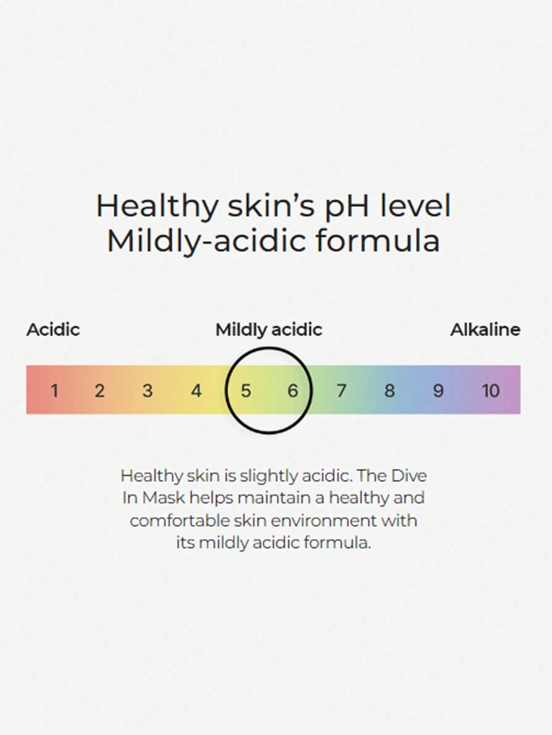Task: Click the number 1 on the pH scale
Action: pyautogui.click(x=54, y=390)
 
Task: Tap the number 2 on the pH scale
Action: pyautogui.click(x=99, y=390)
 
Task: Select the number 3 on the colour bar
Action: pyautogui.click(x=147, y=390)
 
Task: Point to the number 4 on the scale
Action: pyautogui.click(x=196, y=390)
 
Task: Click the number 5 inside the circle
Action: pyautogui.click(x=246, y=390)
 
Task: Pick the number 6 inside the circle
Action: pyautogui.click(x=292, y=390)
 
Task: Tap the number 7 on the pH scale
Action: pyautogui.click(x=341, y=390)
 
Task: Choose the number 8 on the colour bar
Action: pyautogui.click(x=389, y=390)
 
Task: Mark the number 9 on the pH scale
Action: pyautogui.click(x=438, y=390)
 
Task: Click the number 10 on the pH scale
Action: pyautogui.click(x=491, y=390)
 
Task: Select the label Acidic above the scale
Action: pyautogui.click(x=53, y=330)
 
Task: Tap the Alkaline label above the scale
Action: pyautogui.click(x=485, y=330)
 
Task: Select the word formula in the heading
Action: pyautogui.click(x=378, y=241)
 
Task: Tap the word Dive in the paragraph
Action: pyautogui.click(x=409, y=476)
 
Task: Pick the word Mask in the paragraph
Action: pyautogui.click(x=164, y=498)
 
